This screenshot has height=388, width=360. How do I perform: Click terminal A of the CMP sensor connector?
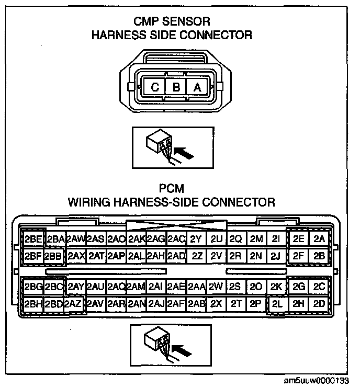click(x=197, y=87)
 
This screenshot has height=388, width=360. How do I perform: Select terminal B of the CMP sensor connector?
click(x=176, y=87)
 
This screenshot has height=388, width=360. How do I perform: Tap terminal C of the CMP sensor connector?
click(x=155, y=87)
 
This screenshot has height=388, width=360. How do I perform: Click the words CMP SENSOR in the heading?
click(x=172, y=22)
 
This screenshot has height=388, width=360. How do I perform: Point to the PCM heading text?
click(x=172, y=188)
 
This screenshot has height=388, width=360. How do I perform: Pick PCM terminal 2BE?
click(x=33, y=239)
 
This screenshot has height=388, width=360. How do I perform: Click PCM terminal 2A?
click(x=319, y=239)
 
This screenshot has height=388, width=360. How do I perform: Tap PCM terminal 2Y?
click(x=196, y=239)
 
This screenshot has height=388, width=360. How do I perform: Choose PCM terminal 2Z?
click(x=197, y=256)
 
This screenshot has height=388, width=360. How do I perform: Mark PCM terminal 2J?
click(x=276, y=256)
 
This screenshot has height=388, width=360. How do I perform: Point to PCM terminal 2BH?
click(x=33, y=303)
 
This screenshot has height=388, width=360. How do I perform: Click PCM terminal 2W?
click(x=216, y=287)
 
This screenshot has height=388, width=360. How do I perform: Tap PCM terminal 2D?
click(x=319, y=303)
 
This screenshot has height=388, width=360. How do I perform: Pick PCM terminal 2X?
click(x=216, y=303)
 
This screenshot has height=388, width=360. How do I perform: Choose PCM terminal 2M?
click(x=256, y=239)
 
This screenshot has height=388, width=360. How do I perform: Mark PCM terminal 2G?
click(x=299, y=287)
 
